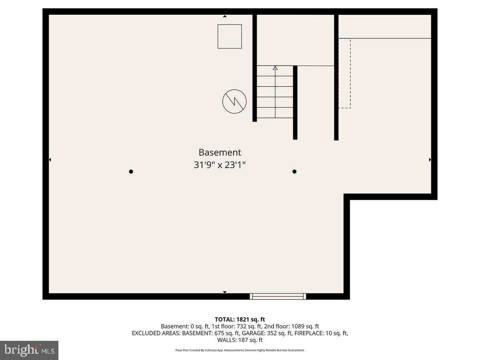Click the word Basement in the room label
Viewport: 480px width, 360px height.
(220, 152)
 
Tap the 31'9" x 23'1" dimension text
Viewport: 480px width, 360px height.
(220, 165)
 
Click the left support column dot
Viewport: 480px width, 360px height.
(131, 172)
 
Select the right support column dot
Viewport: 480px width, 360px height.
(294, 172)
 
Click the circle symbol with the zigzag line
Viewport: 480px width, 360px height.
(234, 101)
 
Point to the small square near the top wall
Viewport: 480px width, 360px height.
(230, 36)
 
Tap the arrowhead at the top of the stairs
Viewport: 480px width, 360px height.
(275, 68)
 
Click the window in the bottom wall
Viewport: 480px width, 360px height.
(278, 296)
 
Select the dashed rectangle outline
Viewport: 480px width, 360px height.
(344, 74)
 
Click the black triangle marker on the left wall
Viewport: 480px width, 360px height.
(50, 160)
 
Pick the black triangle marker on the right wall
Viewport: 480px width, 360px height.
(430, 160)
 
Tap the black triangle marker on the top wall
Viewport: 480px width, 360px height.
(225, 16)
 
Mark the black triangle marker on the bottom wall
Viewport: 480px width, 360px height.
(225, 292)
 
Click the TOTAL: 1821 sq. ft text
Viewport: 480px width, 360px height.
(240, 319)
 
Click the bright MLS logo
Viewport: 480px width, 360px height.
(29, 350)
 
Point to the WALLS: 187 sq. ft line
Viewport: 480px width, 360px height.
(240, 340)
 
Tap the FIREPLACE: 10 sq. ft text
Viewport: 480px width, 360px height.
(321, 333)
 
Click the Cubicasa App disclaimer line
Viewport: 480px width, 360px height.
(240, 350)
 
